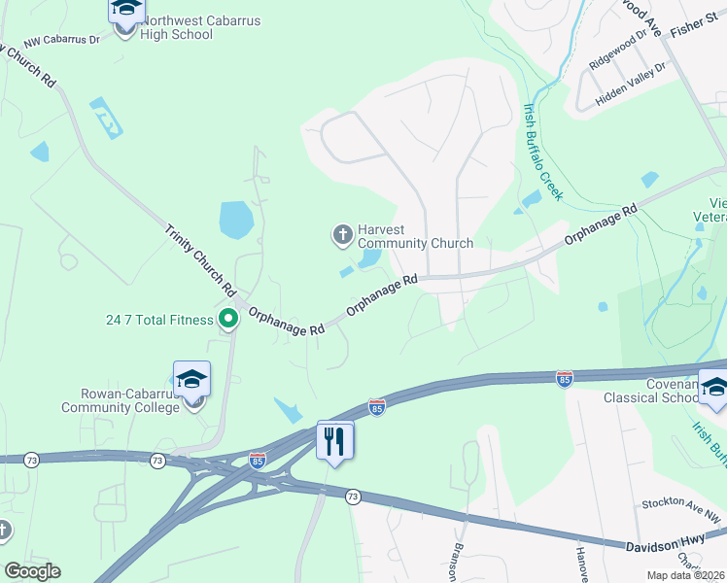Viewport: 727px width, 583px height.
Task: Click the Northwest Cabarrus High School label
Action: tap(177, 26)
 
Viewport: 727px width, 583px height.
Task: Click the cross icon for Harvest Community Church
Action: tap(342, 234)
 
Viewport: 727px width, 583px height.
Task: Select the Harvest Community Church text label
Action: tap(415, 236)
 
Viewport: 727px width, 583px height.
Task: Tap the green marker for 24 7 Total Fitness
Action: tap(228, 318)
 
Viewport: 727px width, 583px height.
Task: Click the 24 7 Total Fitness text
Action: tap(159, 320)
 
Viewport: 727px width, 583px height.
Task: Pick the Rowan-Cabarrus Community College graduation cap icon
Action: tap(192, 380)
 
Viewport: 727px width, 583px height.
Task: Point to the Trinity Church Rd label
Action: tap(201, 259)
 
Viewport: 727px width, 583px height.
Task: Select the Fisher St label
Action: tap(692, 24)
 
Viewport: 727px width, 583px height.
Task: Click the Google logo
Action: tap(32, 571)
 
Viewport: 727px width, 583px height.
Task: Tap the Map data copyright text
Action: tap(684, 575)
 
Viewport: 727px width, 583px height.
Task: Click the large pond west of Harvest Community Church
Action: tap(237, 221)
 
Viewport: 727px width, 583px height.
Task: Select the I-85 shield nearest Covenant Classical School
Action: tap(564, 377)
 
